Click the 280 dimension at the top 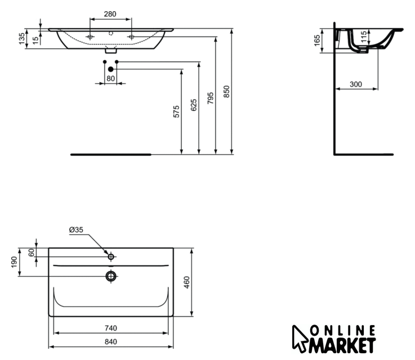coord(110,13)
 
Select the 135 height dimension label coord(22,38)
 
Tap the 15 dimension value coord(35,40)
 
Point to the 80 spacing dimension coord(110,78)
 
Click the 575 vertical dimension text coord(176,111)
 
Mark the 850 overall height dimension coord(227,91)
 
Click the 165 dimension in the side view coord(317,40)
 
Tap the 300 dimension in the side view coord(355,84)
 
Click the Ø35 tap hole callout coord(76,230)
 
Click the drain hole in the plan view coord(111,276)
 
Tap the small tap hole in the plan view coord(111,257)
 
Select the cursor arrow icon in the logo coord(300,337)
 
